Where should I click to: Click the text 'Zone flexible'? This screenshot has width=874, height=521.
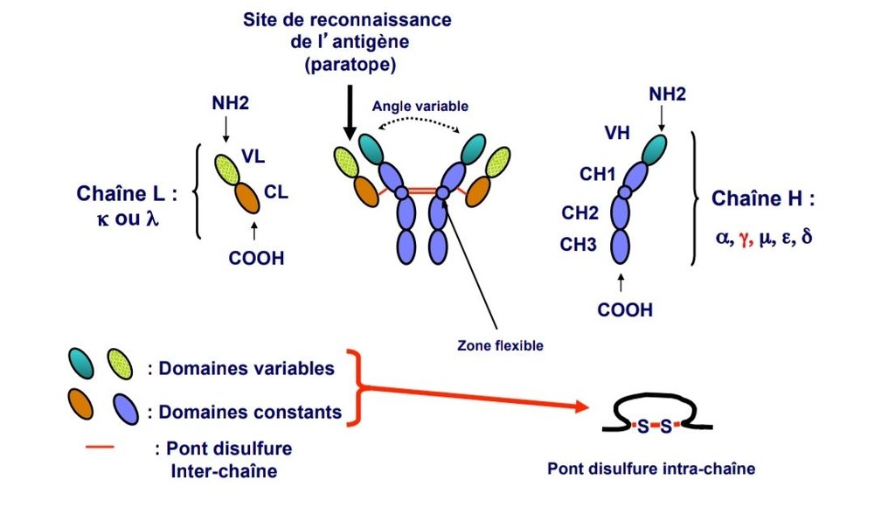tap(500, 345)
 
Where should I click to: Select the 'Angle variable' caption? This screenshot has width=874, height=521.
tap(420, 106)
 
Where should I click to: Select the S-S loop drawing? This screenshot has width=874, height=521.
tap(655, 417)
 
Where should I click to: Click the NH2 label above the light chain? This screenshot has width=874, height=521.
tap(230, 103)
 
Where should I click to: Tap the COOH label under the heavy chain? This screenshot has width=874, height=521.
tap(625, 309)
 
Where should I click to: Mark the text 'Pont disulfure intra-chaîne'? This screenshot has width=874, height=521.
tap(650, 469)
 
